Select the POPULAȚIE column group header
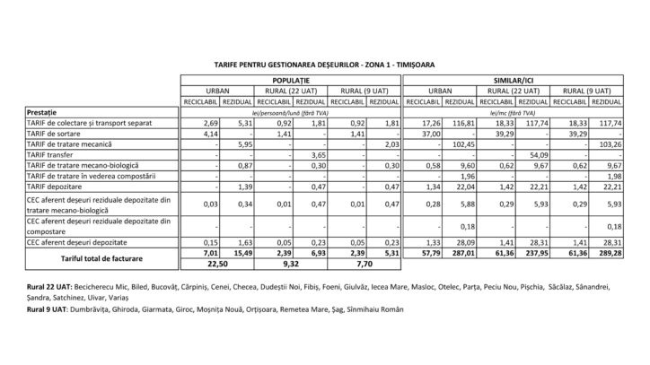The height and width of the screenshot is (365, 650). (289, 81)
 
